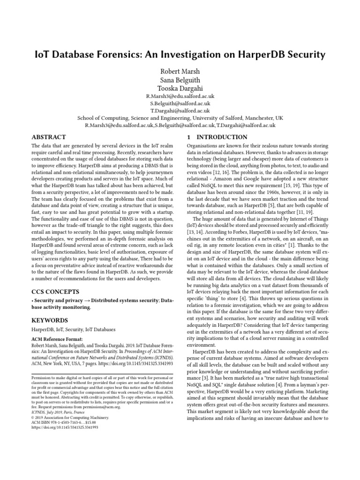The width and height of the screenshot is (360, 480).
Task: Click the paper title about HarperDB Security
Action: tap(180, 54)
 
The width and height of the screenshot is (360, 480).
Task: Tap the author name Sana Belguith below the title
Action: tap(180, 81)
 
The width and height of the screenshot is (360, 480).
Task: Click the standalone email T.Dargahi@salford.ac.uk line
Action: tap(180, 111)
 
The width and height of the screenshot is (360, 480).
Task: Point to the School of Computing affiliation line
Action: tap(180, 118)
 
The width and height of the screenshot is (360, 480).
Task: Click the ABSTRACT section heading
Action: tap(48, 137)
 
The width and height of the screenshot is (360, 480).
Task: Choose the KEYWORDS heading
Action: tap(50, 320)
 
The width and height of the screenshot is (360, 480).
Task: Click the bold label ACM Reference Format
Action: tap(57, 338)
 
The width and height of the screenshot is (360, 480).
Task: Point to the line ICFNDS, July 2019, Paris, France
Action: tap(59, 412)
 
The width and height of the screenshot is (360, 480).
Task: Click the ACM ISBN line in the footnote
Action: tap(64, 422)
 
